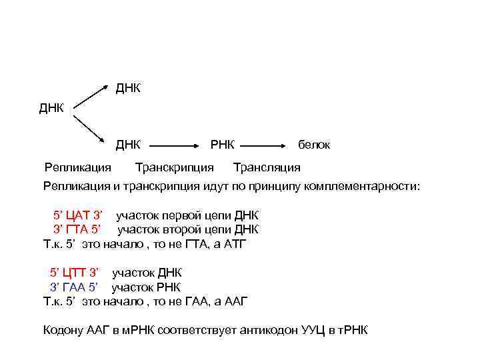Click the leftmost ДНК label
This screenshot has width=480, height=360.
point(51,108)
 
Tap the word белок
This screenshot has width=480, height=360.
point(314,145)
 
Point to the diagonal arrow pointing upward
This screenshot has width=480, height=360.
point(89,96)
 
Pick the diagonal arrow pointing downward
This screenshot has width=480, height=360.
point(89,129)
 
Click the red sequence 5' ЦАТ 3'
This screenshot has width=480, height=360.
point(78,216)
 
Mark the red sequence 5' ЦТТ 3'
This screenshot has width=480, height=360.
point(74,273)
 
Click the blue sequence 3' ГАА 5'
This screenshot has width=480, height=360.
point(74,287)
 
